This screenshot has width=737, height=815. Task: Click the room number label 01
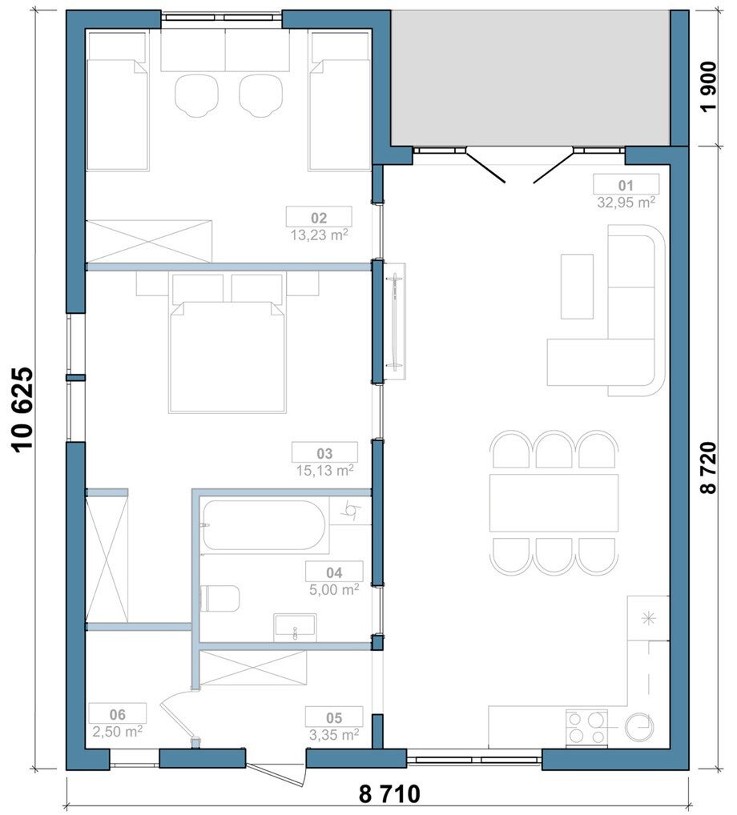click(626, 185)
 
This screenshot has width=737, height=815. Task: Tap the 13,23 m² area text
click(319, 235)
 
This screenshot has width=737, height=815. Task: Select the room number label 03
click(324, 453)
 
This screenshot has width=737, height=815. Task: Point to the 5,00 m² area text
click(334, 589)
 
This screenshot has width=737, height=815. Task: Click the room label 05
click(334, 718)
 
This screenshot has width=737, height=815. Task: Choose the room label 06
click(118, 714)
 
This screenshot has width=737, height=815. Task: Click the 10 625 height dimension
click(23, 411)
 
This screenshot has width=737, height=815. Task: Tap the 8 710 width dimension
click(389, 794)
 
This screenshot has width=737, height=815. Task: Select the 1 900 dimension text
click(708, 86)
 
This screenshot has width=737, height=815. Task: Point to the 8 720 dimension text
click(708, 468)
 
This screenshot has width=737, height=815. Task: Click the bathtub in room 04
click(264, 525)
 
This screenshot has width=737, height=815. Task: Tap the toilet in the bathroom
click(220, 599)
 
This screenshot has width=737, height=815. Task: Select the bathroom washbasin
click(295, 626)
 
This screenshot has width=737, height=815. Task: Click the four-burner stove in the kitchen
click(586, 728)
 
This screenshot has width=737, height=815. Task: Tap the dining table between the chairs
click(554, 503)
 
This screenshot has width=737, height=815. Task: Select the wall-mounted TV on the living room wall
click(395, 323)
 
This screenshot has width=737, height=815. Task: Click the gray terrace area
click(530, 78)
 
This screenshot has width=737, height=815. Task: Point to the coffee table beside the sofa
click(577, 287)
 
